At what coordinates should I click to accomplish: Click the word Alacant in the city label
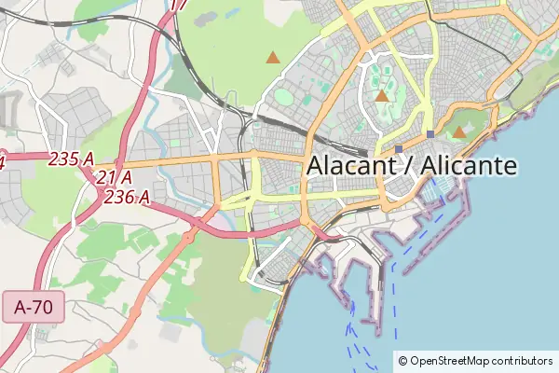(x=350, y=166)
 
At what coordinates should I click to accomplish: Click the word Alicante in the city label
(x=469, y=166)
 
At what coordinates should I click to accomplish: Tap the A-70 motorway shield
(x=33, y=307)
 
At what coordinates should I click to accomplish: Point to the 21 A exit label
(x=113, y=177)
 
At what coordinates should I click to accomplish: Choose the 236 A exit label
(x=127, y=196)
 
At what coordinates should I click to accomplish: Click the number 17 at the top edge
(x=180, y=5)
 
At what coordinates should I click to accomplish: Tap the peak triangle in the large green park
(x=272, y=58)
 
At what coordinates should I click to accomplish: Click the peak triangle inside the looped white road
(x=381, y=96)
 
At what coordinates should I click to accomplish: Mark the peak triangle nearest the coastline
(x=459, y=132)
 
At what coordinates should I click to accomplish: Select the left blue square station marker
(x=399, y=148)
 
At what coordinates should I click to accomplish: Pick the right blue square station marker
(x=429, y=134)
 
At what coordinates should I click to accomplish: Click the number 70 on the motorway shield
(x=43, y=307)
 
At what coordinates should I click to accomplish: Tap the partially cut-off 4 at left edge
(x=2, y=161)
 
